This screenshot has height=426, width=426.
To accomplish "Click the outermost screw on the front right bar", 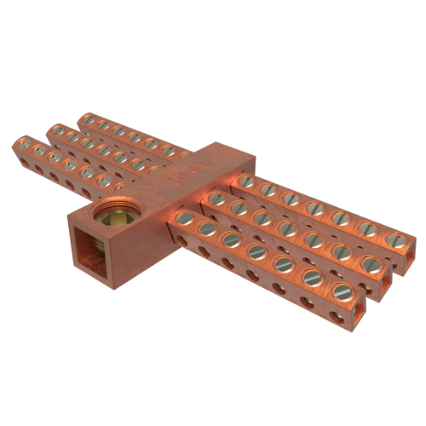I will pos(343,292).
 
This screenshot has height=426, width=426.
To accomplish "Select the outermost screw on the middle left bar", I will pos(55,130).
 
